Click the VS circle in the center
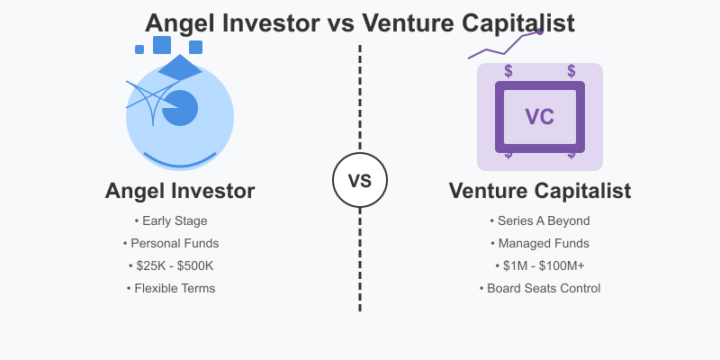360,180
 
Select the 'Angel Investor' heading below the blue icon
180,191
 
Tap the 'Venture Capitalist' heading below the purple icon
540,191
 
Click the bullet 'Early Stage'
171,220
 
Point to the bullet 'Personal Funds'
171,243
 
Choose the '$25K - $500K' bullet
171,265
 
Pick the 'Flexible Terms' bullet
171,288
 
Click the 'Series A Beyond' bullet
540,220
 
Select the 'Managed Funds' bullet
540,243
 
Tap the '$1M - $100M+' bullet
540,265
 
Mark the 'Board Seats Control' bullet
540,288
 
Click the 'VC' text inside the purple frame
540,117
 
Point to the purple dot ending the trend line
540,31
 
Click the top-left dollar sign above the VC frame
508,71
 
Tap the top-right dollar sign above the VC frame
571,71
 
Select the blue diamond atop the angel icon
180,67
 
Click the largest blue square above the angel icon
162,45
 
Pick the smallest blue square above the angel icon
139,49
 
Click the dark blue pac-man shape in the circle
182,108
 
